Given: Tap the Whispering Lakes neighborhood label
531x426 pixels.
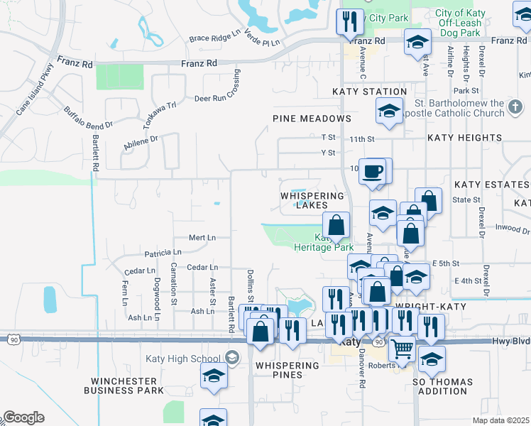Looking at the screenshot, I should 312,200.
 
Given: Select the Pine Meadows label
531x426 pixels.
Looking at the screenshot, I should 312,119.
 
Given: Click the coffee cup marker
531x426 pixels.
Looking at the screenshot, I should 373,172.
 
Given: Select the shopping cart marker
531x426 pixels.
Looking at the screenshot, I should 403,349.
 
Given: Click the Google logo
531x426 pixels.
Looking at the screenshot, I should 23,417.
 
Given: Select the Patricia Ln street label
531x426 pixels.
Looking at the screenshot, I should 163,253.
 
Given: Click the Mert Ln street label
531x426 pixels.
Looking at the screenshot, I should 202,237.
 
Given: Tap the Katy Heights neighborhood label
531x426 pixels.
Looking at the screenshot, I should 464,138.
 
